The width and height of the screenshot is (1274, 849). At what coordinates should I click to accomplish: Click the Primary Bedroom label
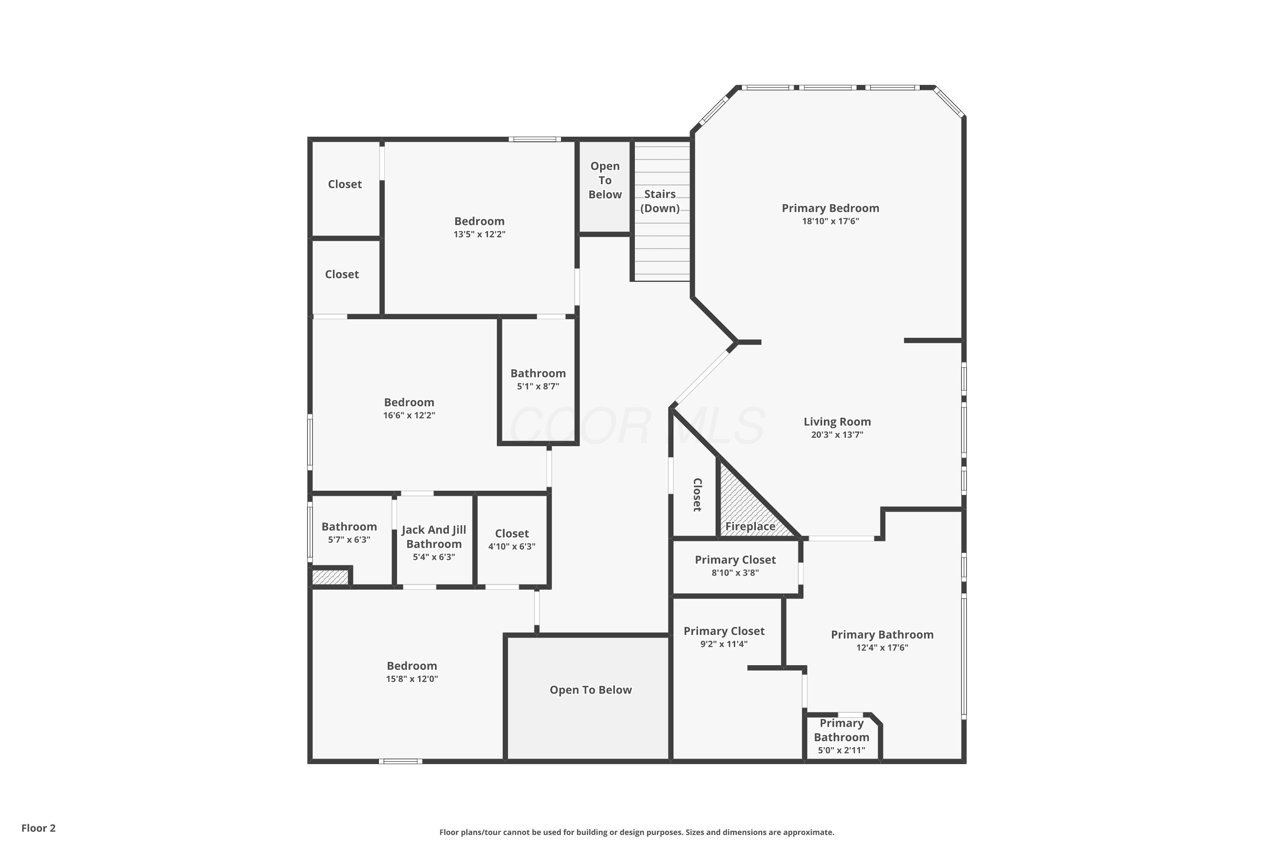coord(830,208)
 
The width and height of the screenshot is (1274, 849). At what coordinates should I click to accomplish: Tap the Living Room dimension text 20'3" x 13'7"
coord(837,435)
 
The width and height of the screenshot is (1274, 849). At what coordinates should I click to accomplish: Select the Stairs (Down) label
coord(660,201)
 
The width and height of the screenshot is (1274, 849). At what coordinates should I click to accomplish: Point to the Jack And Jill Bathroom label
coord(434,537)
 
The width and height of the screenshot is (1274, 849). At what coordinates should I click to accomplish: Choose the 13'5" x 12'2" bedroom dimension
coord(479,234)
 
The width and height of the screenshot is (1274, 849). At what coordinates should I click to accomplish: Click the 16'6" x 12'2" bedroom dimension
coord(409,415)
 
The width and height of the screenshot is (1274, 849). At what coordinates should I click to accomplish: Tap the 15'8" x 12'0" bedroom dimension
coord(412,679)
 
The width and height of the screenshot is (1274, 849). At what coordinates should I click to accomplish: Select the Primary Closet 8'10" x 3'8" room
coord(735,566)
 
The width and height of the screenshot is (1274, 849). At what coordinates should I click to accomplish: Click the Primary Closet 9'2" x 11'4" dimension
coord(724,644)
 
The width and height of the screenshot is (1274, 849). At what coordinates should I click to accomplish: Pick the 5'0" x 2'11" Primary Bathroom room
coord(841,737)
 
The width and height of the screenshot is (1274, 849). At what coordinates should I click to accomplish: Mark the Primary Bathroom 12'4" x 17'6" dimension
coord(882,648)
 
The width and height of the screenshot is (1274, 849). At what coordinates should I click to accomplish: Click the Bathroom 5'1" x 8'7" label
coord(538,374)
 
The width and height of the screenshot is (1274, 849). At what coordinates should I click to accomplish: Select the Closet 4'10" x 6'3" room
coord(511,539)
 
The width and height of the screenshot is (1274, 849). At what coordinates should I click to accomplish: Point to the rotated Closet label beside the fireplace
coord(697,495)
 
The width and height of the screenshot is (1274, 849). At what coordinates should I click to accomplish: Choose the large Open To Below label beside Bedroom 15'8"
coord(590,690)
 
